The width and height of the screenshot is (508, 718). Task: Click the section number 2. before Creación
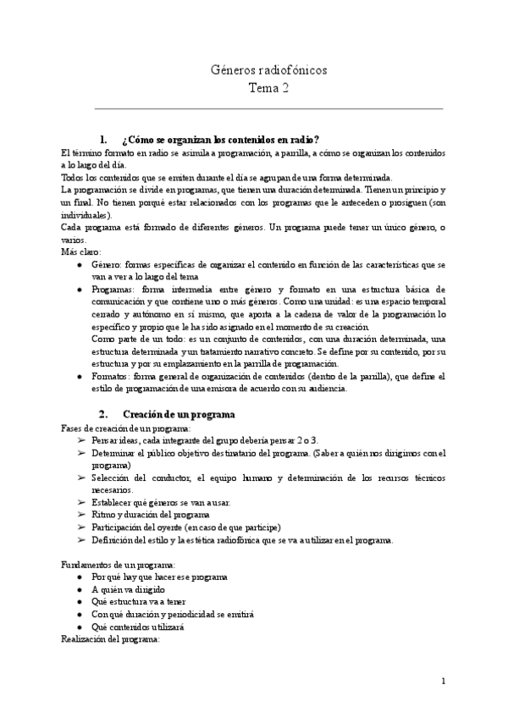(x=104, y=414)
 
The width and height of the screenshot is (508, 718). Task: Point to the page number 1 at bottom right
(x=444, y=682)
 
